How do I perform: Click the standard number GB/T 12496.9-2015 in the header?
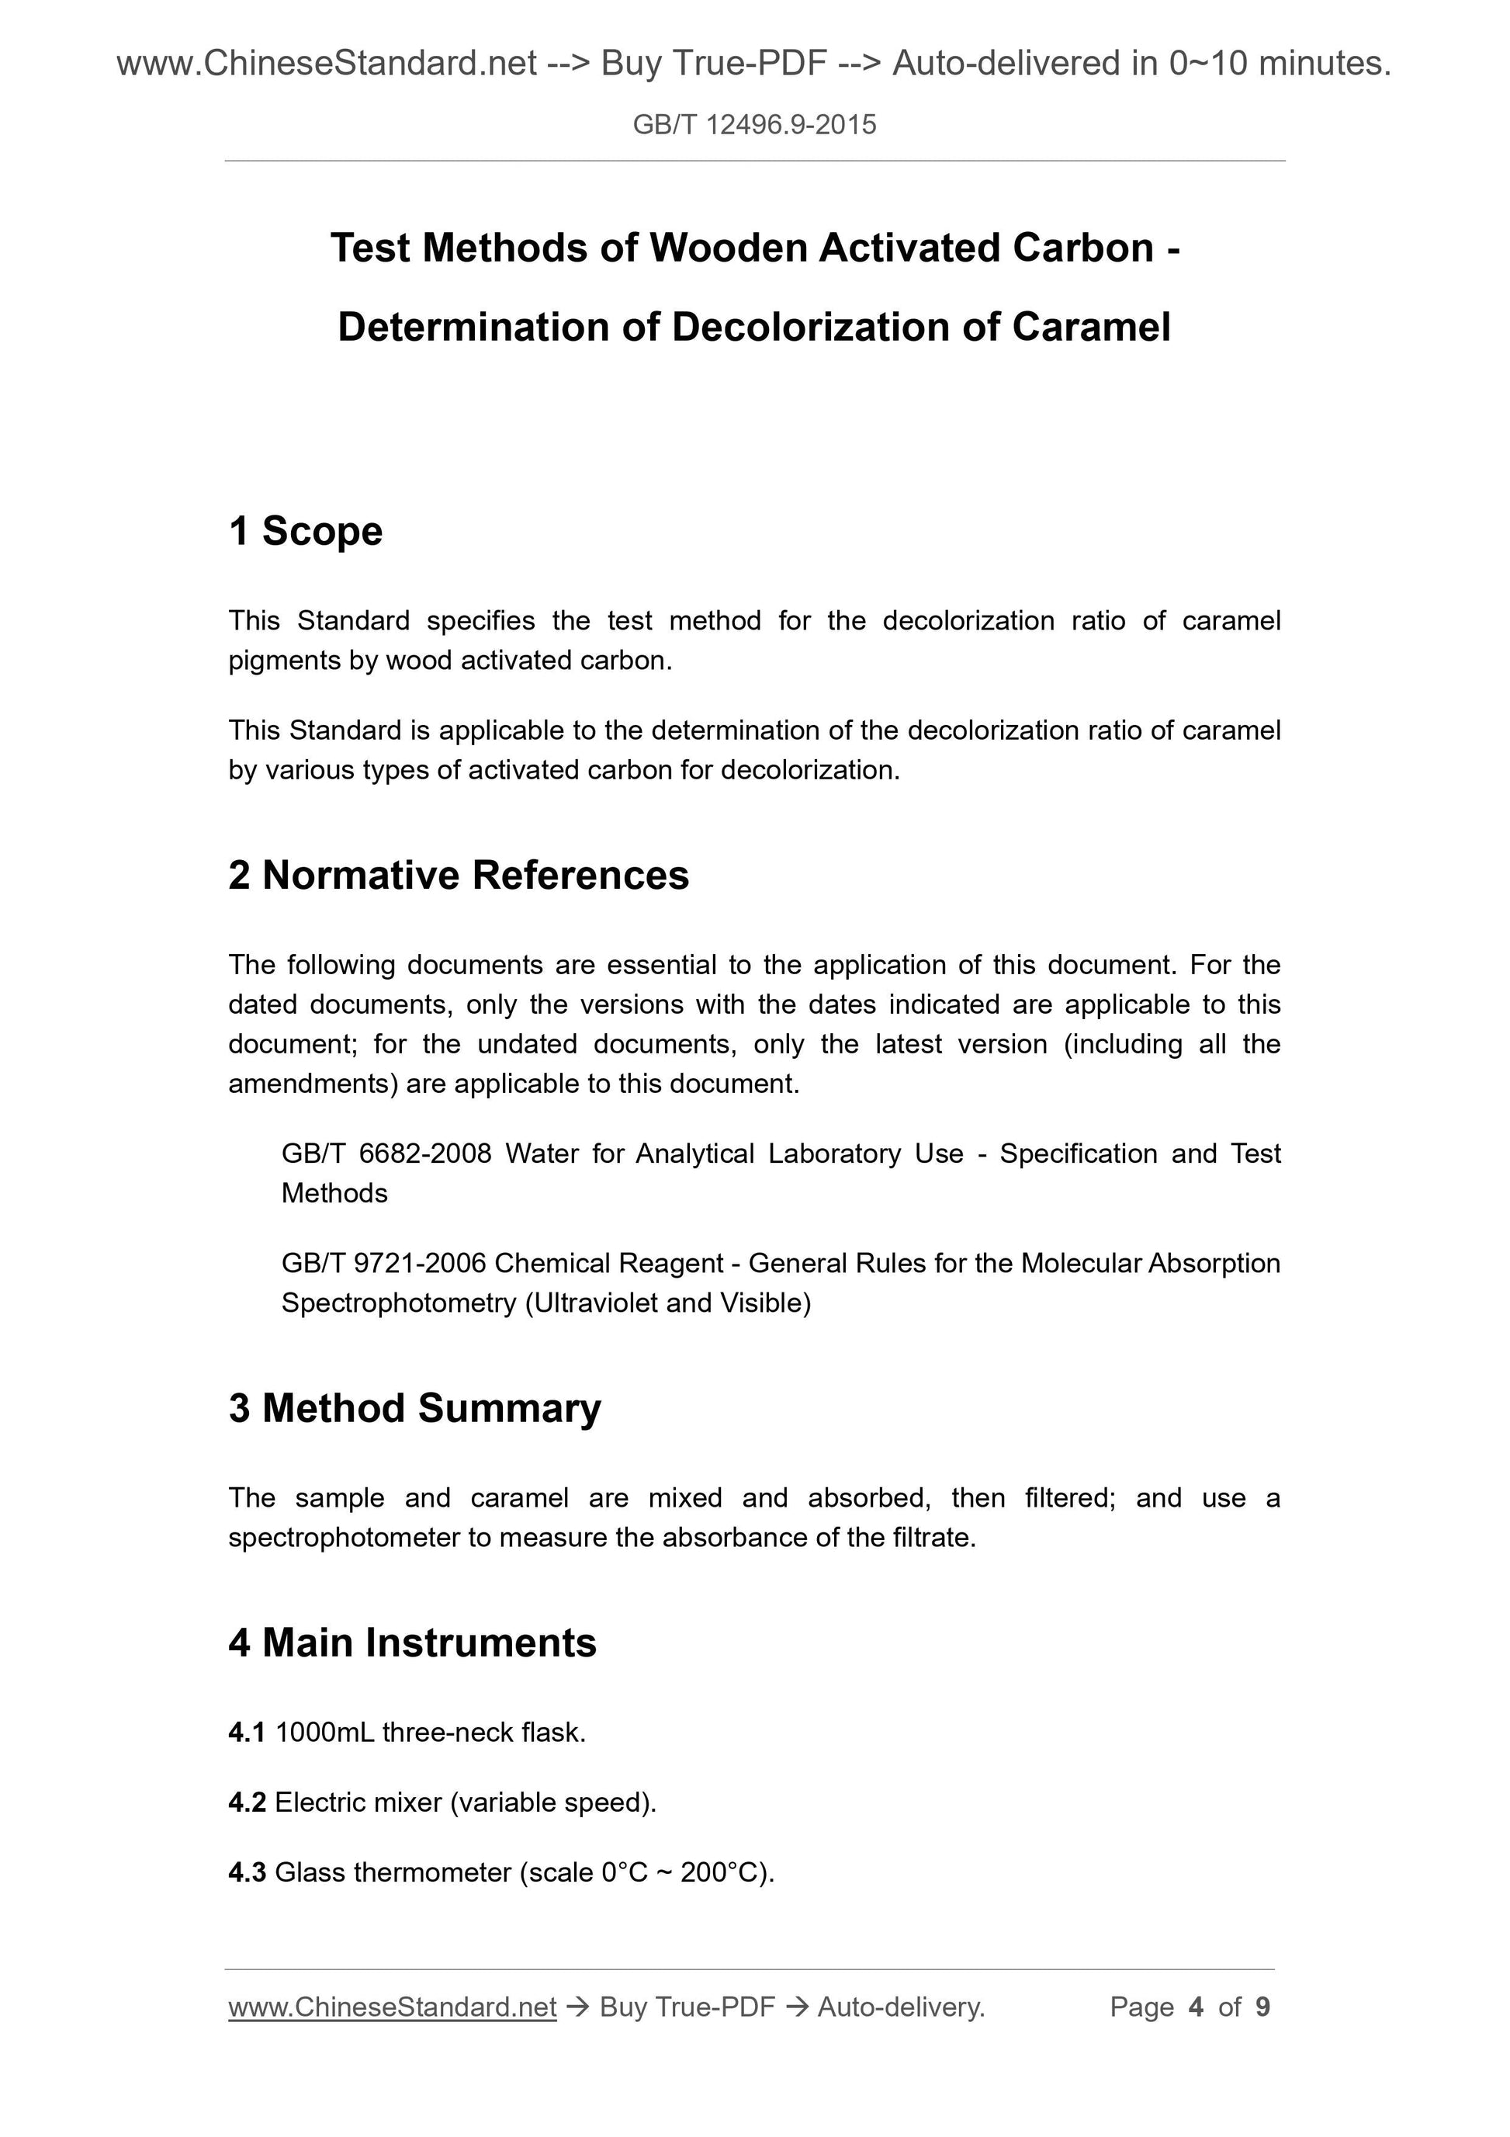pyautogui.click(x=753, y=125)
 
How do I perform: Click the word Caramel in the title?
pyautogui.click(x=1090, y=328)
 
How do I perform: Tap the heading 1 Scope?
pyautogui.click(x=305, y=532)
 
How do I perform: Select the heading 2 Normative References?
pyautogui.click(x=458, y=876)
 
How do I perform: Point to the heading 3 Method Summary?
pyautogui.click(x=414, y=1409)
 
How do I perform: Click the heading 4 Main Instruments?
pyautogui.click(x=411, y=1643)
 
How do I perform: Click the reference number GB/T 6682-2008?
pyautogui.click(x=386, y=1154)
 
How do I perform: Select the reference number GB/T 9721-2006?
pyautogui.click(x=383, y=1263)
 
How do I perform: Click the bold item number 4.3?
pyautogui.click(x=247, y=1872)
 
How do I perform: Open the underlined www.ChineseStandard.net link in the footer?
pyautogui.click(x=392, y=2007)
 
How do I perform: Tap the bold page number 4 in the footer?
pyautogui.click(x=1196, y=2007)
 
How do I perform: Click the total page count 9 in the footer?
pyautogui.click(x=1262, y=2007)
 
